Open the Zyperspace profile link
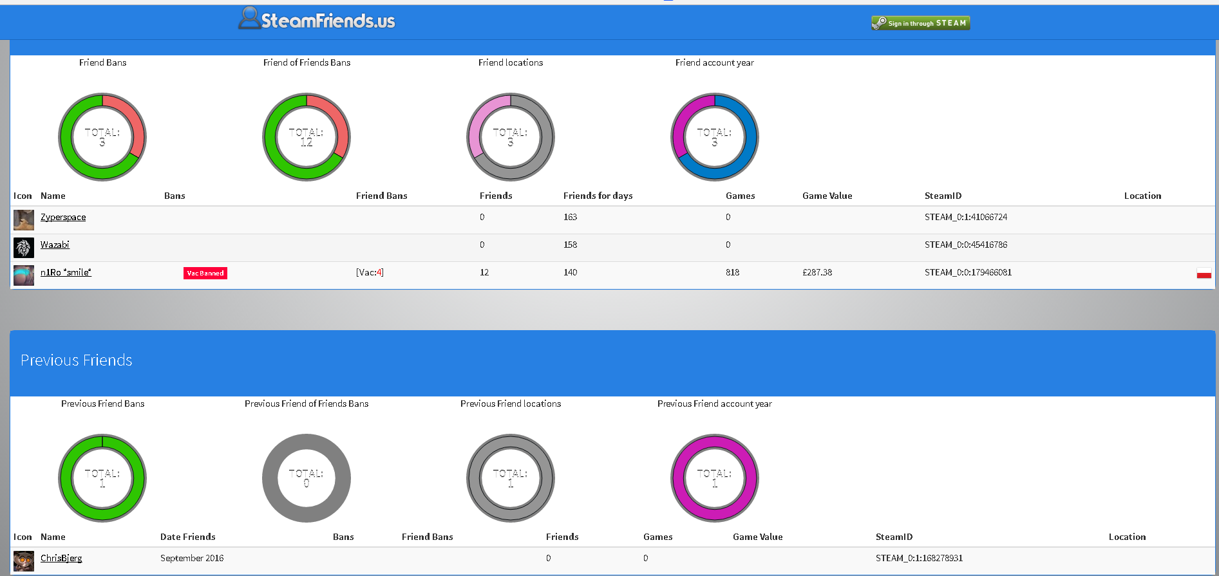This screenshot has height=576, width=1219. (63, 218)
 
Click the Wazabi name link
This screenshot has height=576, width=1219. (55, 245)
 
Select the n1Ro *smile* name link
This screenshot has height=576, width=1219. (66, 273)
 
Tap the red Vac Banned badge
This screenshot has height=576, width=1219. (205, 273)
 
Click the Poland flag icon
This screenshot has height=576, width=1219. (1204, 274)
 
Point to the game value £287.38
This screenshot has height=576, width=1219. (817, 273)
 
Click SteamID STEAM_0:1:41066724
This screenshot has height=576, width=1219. (965, 218)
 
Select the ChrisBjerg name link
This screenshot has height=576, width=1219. (61, 559)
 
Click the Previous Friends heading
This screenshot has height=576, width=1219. (77, 360)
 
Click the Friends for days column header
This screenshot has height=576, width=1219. (598, 196)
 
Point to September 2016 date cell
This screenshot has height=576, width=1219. (192, 559)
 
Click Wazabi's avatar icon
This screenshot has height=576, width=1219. (24, 248)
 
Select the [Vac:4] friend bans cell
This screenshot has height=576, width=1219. (370, 273)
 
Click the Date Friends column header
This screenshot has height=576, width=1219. (187, 537)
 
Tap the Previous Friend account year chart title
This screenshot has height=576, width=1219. (714, 404)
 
